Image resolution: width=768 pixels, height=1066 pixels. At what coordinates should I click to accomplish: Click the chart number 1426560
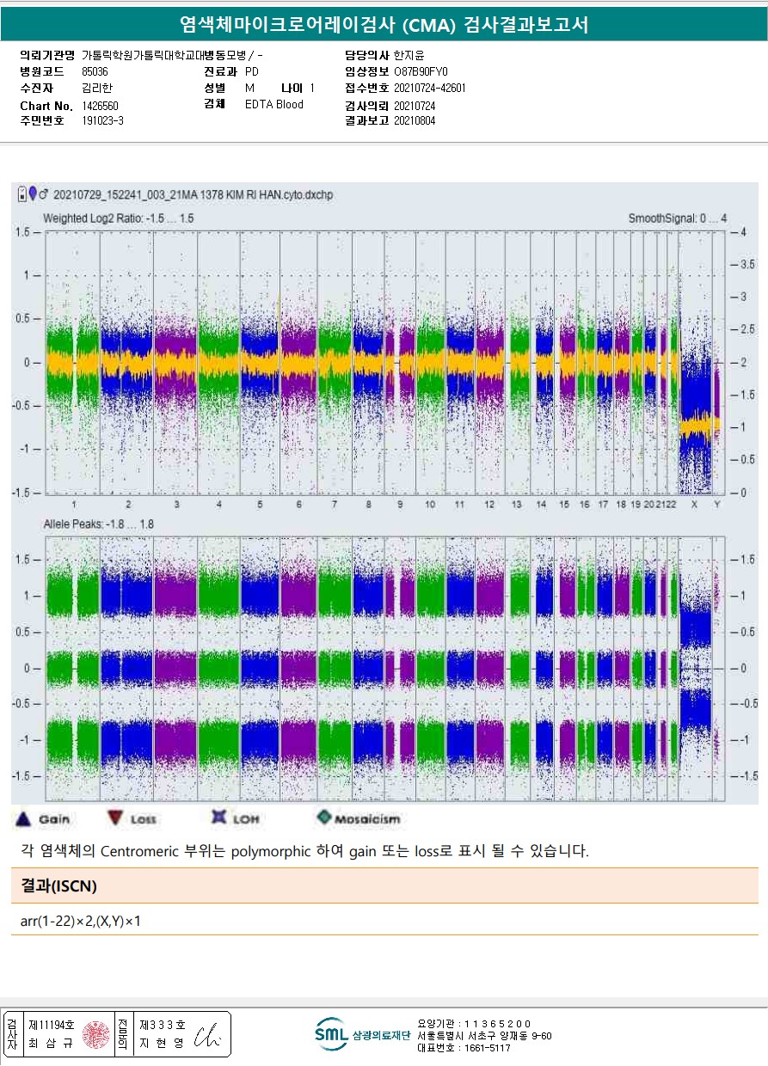click(101, 106)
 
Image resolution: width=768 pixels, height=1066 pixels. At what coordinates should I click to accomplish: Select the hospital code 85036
click(95, 72)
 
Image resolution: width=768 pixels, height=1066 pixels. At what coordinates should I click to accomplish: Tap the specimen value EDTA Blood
click(274, 105)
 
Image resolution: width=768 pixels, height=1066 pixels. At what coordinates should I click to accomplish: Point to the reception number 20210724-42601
click(430, 89)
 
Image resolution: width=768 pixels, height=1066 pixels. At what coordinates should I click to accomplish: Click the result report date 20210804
click(415, 121)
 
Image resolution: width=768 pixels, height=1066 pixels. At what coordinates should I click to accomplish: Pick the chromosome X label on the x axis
click(694, 504)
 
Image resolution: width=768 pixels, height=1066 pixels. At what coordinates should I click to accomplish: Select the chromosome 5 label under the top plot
click(260, 504)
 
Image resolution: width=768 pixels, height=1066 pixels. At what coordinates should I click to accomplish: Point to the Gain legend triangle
click(25, 818)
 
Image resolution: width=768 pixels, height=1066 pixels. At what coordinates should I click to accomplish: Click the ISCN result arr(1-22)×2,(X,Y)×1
click(81, 922)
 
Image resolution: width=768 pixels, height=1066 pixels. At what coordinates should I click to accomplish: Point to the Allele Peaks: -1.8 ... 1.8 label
click(99, 524)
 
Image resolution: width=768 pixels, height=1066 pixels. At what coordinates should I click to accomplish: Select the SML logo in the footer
click(331, 1034)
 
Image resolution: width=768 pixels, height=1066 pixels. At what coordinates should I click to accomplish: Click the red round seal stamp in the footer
click(95, 1035)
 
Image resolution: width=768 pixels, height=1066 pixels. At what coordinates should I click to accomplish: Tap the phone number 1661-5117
click(464, 1048)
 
